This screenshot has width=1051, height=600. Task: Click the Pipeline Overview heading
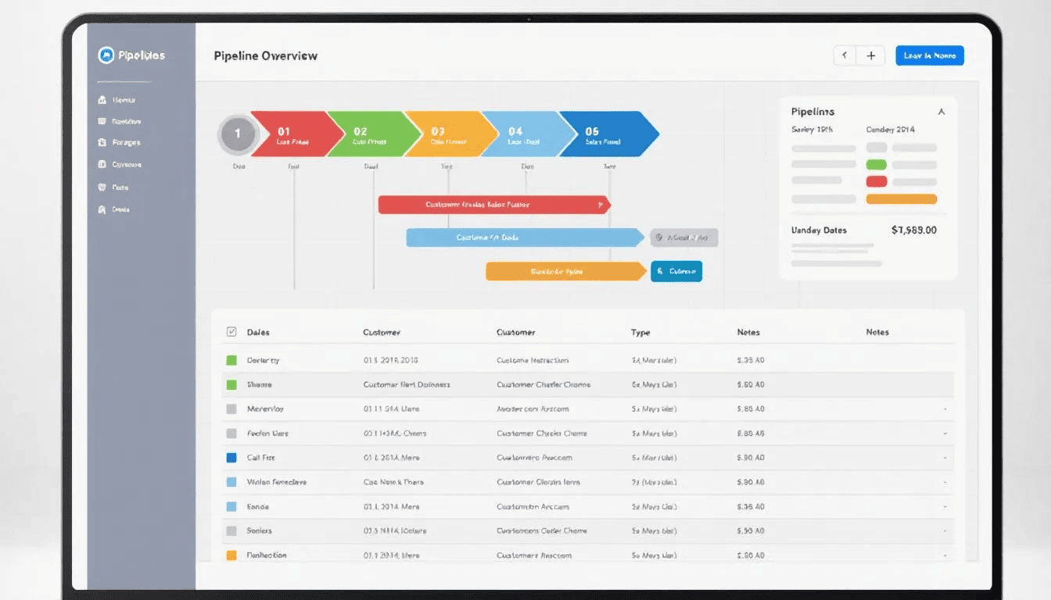265,56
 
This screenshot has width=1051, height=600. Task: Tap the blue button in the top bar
929,55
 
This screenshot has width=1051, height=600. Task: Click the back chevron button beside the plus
845,55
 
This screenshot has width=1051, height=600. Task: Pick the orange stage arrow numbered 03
447,134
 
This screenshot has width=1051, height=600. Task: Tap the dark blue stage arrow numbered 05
604,134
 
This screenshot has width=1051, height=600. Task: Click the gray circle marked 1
238,134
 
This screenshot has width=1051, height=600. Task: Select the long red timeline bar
493,205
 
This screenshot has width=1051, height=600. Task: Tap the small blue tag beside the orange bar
676,271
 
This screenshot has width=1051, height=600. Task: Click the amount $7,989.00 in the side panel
913,230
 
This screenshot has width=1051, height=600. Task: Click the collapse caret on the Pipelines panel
942,112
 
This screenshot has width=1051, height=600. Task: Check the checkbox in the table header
231,332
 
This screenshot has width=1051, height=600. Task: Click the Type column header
640,332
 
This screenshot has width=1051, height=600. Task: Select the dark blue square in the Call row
231,458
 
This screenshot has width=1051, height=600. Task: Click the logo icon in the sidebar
106,55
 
